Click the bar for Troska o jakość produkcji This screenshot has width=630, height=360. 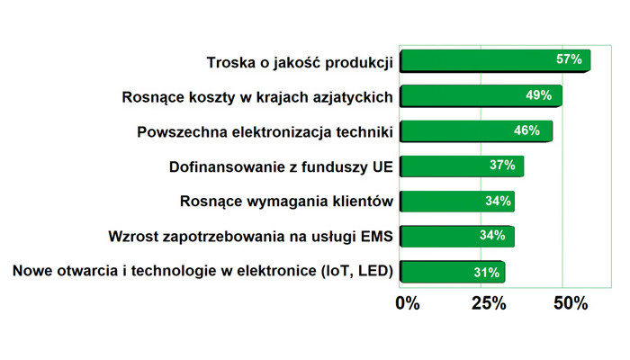(495, 60)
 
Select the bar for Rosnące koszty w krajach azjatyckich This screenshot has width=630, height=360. (481, 96)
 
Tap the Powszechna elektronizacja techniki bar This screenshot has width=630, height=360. (476, 131)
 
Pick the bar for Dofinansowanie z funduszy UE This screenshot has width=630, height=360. (462, 166)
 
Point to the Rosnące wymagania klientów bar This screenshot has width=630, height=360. (457, 202)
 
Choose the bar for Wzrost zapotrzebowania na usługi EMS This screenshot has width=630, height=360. (457, 236)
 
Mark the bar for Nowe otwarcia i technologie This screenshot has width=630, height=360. (453, 272)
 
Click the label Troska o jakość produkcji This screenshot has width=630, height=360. (300, 63)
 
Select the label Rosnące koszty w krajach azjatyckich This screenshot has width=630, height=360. (257, 97)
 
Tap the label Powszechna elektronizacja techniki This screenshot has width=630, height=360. (265, 132)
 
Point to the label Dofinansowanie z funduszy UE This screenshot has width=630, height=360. (281, 167)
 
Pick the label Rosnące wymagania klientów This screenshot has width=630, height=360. (286, 202)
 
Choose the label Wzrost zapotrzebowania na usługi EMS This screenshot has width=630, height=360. (250, 237)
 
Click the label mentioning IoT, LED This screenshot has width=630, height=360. (202, 271)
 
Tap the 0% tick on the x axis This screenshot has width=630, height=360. (408, 303)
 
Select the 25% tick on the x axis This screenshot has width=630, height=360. (489, 303)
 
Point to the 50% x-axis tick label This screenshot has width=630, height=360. (571, 303)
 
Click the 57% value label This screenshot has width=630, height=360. (569, 59)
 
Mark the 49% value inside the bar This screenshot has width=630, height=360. (539, 95)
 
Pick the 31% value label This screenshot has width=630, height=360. (487, 273)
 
